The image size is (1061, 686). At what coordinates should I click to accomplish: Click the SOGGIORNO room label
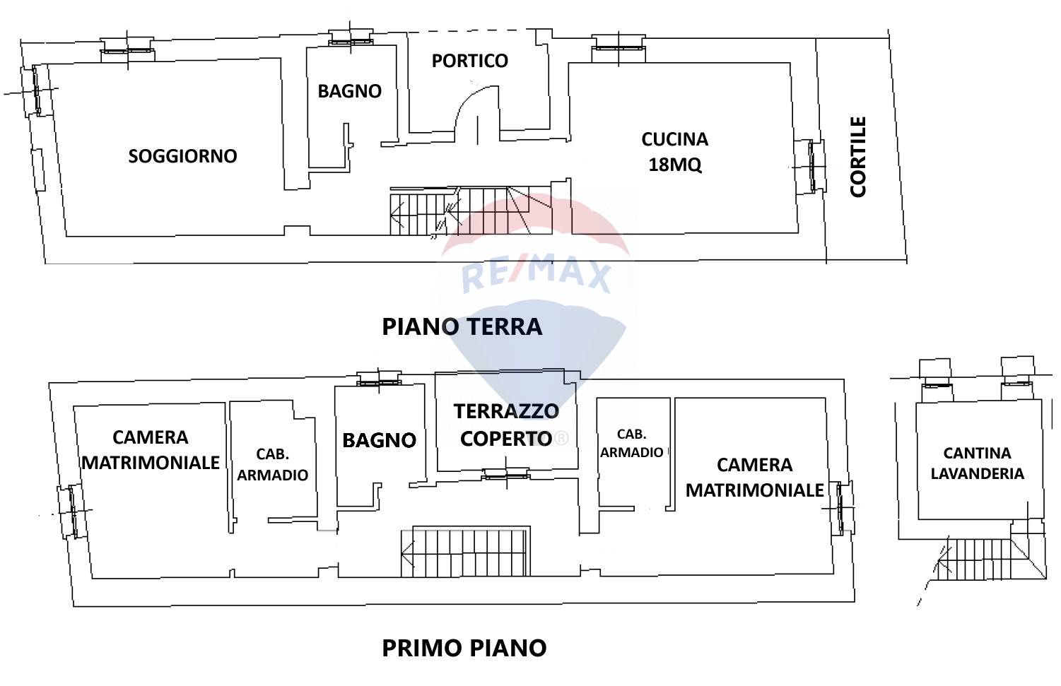182,156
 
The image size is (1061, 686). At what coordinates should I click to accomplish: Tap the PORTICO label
469,61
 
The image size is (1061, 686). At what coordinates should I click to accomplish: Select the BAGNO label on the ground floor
349,91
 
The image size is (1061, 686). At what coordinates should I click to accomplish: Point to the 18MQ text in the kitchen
674,165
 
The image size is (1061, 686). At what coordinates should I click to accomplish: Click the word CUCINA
674,139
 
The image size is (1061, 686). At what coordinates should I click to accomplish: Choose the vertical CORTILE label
857,157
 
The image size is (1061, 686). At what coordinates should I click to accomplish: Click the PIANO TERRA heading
462,326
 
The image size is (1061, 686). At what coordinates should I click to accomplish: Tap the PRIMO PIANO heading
464,648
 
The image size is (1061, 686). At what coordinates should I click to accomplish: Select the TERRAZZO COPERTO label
505,425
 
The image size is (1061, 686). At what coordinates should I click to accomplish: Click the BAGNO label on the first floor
379,440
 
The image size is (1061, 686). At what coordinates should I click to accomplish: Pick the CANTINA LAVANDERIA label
977,463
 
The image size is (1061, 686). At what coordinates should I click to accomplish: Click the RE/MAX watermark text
536,276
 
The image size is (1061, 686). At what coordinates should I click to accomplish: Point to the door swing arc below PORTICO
475,106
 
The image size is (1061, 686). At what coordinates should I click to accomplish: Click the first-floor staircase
467,551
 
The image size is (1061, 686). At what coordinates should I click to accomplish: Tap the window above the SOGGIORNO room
127,48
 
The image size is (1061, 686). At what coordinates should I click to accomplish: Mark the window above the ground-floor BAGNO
351,40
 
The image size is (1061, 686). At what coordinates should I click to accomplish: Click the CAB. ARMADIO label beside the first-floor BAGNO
272,465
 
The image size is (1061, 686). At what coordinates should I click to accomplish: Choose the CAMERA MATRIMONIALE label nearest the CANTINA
754,478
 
